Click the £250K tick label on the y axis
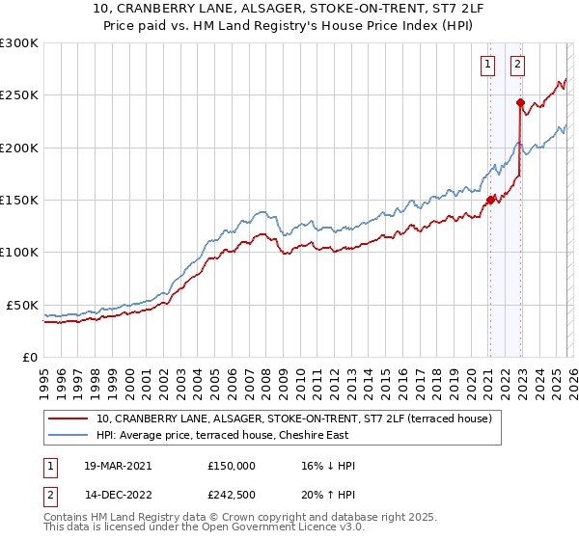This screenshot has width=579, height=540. coord(19,95)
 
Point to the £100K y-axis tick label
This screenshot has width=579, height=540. coord(19,253)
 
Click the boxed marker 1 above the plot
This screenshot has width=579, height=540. coord(488,66)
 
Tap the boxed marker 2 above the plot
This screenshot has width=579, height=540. coord(518,66)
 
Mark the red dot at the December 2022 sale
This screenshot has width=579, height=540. coord(520,102)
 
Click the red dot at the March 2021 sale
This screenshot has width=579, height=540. coord(490,200)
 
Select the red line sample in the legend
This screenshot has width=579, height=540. coord(69,418)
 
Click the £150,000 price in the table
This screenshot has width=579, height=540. coord(232,466)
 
